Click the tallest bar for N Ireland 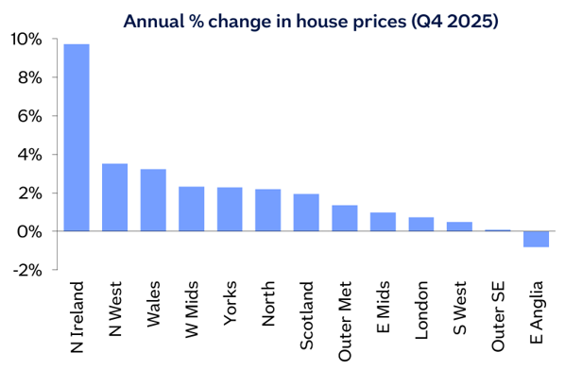76,138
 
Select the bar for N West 114,197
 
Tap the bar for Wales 153,200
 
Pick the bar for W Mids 192,209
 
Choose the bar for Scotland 305,212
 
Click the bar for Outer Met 344,218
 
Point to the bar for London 420,224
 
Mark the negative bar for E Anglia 536,239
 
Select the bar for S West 459,226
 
